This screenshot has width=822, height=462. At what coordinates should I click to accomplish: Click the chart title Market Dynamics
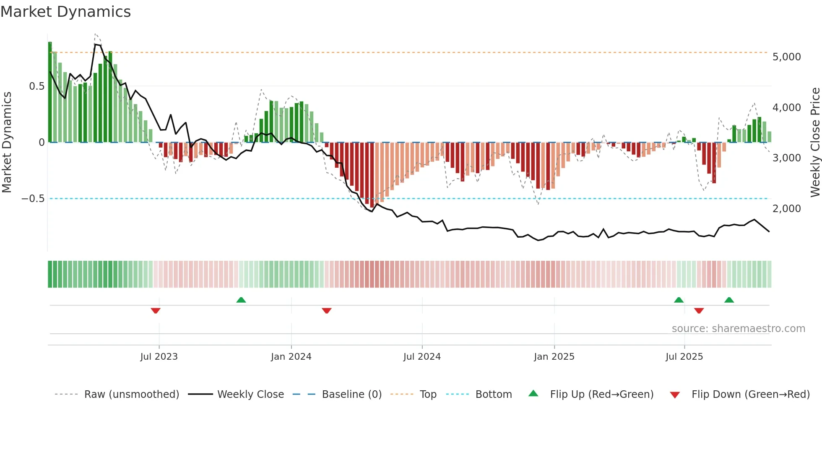coord(65,12)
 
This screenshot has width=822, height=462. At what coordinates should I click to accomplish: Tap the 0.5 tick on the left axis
coord(36,86)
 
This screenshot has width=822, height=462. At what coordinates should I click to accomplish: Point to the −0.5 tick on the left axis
coord(33,199)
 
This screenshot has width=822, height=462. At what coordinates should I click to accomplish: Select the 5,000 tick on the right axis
coord(786,57)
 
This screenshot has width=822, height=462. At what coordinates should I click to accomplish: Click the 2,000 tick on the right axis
coord(786,209)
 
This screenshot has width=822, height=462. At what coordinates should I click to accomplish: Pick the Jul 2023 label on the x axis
coord(159,357)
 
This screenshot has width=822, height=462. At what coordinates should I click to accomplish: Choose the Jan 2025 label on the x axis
coord(554,357)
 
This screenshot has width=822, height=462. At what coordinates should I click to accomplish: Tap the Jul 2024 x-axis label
coord(422,357)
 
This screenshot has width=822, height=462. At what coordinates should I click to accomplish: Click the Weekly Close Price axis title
coord(815,143)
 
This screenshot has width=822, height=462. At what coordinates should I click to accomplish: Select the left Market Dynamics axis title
coord(7,143)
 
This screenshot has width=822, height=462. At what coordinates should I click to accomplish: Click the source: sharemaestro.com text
coord(738,329)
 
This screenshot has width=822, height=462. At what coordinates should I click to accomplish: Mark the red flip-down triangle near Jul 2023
coord(156,311)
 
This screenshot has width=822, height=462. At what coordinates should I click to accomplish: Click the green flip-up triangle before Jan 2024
coord(241,300)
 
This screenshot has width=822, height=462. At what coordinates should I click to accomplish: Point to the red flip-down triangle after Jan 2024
coord(327,311)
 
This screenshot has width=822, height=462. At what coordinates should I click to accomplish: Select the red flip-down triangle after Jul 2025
coord(699,311)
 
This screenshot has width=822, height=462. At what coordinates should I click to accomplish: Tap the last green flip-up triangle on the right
coord(729,300)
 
